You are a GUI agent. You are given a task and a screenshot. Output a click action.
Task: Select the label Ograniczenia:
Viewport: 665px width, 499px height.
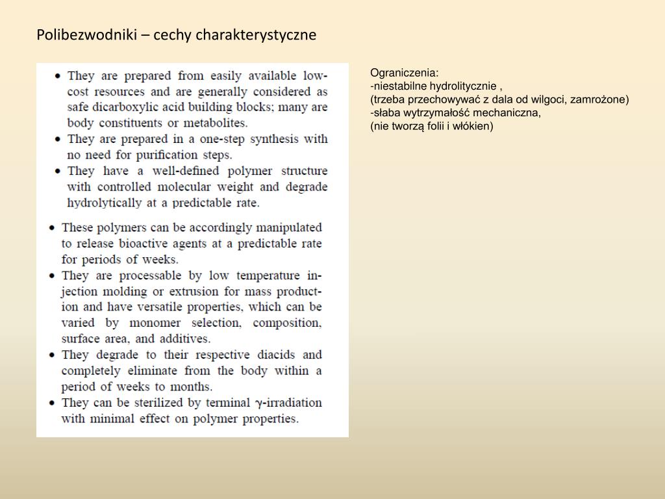click(405, 73)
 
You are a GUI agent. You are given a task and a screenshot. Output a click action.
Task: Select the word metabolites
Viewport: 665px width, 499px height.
click(216, 123)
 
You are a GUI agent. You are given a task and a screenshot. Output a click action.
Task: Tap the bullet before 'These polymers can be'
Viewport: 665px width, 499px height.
click(51, 228)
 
